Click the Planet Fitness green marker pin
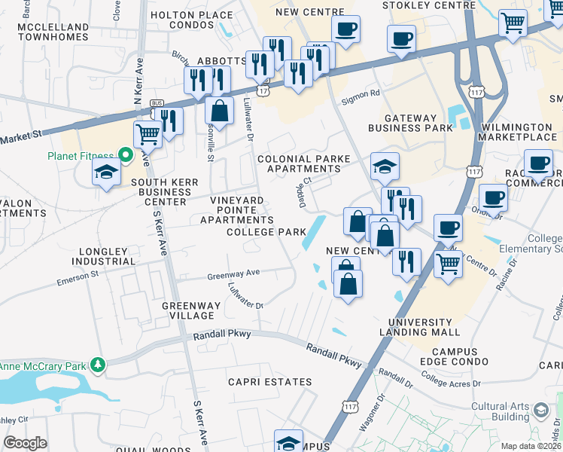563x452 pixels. pos(126,157)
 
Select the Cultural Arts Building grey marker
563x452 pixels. pos(540,411)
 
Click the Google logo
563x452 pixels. pos(25,443)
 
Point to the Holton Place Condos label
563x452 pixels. pos(192,20)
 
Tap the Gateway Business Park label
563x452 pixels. pos(410,123)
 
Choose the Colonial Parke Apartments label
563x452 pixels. pos(299,164)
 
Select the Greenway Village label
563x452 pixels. pos(192,311)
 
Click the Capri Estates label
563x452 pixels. pos(270,382)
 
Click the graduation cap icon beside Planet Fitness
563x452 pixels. pos(106,173)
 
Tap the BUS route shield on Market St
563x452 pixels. pos(157,102)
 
